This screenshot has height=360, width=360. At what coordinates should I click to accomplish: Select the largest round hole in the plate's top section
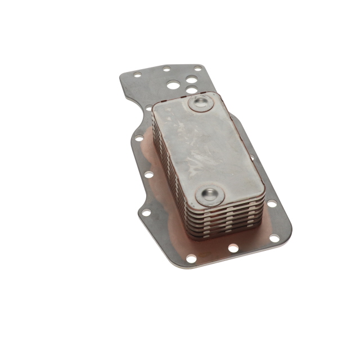click(173, 85)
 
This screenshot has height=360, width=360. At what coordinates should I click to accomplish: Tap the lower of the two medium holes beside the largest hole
click(192, 90)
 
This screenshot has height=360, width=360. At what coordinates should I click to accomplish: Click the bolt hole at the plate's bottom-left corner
click(191, 258)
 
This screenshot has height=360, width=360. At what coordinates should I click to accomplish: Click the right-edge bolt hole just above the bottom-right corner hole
click(272, 203)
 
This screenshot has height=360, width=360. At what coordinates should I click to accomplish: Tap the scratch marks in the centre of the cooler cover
click(202, 152)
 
